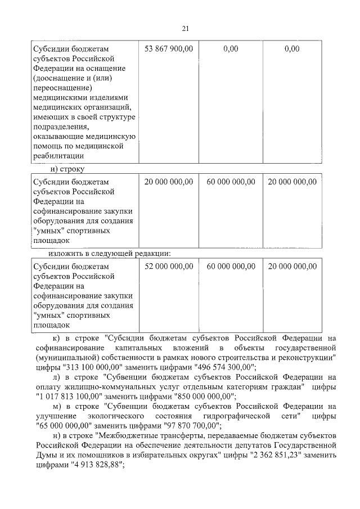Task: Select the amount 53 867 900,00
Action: [169, 49]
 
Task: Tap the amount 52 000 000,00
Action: [169, 265]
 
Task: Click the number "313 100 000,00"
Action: [90, 367]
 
